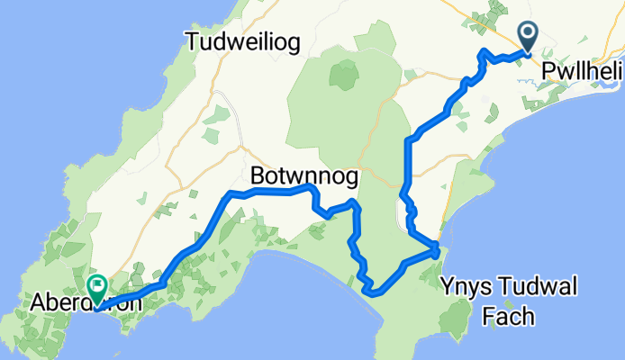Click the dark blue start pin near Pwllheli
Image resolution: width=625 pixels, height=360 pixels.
(527, 38)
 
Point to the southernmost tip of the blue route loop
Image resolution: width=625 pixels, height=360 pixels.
(372, 291)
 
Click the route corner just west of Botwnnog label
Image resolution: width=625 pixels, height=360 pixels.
(231, 193)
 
